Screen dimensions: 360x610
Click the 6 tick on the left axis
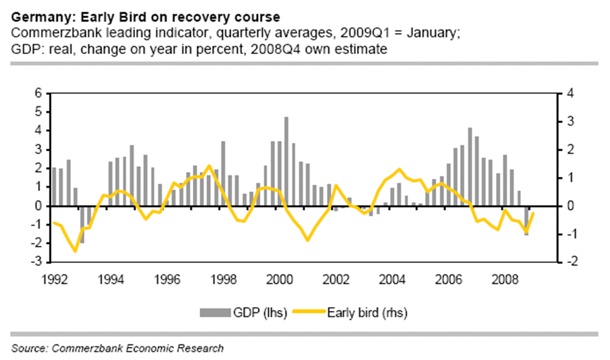click(x=37, y=93)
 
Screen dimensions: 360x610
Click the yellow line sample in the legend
click(x=321, y=312)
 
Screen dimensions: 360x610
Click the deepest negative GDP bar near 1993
click(x=83, y=224)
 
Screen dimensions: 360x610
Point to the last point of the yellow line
click(x=534, y=214)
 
